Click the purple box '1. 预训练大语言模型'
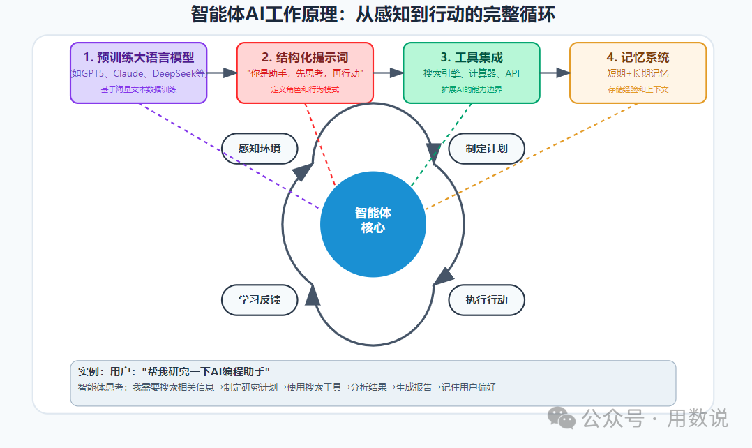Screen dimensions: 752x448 [139, 73]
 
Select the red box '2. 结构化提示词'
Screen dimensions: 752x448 [305, 73]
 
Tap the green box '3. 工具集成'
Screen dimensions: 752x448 [472, 73]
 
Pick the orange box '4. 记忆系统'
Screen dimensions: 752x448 [638, 73]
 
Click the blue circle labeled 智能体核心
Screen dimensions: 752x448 [373, 224]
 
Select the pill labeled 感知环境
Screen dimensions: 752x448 [260, 149]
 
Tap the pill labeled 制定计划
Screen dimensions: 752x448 [486, 149]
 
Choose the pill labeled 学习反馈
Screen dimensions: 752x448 [260, 300]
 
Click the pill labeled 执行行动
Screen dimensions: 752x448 [486, 300]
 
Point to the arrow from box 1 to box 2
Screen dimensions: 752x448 [222, 73]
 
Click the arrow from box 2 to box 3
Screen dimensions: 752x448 [389, 73]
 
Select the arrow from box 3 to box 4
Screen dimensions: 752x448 [555, 73]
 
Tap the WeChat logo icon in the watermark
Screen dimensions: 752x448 [561, 418]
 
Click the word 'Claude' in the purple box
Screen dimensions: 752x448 [128, 73]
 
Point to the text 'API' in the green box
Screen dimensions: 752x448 [512, 73]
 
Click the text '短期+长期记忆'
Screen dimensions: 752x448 [638, 73]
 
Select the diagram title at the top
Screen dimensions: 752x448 [373, 14]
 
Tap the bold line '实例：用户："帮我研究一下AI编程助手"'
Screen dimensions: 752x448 [174, 372]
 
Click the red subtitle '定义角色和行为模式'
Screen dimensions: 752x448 [305, 89]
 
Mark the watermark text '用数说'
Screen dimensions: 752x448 [698, 418]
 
